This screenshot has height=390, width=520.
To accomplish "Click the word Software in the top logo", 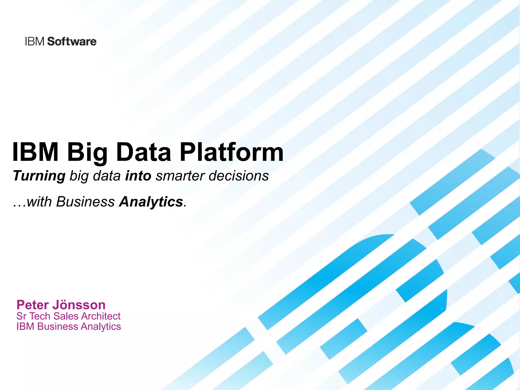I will coord(72,42).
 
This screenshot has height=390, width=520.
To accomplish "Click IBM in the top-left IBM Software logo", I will coord(35,42).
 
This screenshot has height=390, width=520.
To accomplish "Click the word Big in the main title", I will coord(87,153).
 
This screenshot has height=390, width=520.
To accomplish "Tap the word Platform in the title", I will coord(231,152).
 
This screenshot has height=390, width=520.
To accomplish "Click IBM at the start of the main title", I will coord(36,152).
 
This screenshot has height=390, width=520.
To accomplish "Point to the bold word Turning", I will coord(39,176).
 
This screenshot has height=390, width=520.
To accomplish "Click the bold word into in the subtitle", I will coord(138,176).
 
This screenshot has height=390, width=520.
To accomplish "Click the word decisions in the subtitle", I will coord(239,176).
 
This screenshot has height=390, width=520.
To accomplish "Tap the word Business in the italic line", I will coord(85,202).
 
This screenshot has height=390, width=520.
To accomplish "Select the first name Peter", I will coord(32,305).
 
